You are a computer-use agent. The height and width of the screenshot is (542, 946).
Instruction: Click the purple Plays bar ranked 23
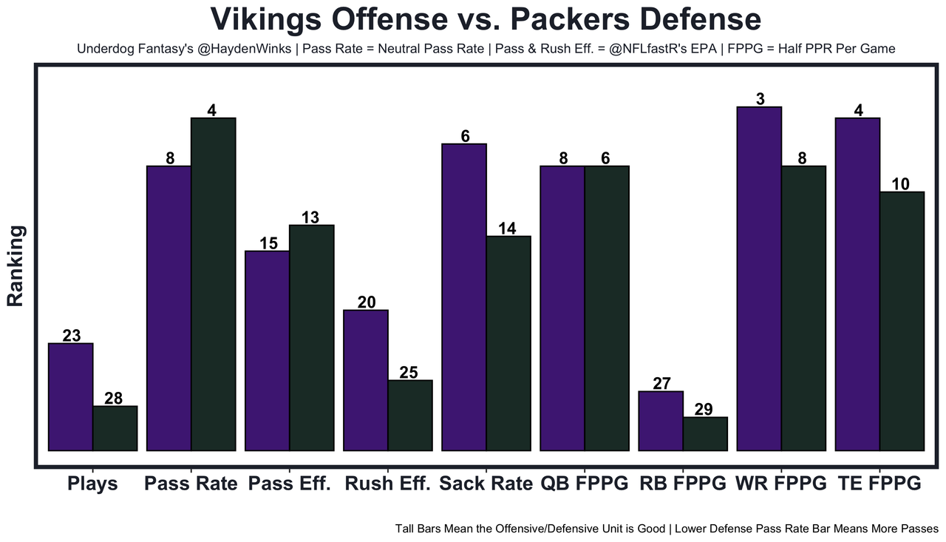[70, 396]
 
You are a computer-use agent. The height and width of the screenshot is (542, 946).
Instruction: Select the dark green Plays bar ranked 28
[115, 428]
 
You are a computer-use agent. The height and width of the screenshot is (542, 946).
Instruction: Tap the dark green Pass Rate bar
[214, 284]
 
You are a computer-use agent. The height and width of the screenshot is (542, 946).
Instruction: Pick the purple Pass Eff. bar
[267, 350]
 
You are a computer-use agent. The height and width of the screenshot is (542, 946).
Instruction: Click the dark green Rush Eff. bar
[410, 415]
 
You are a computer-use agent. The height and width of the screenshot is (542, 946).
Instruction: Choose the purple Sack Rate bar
[464, 297]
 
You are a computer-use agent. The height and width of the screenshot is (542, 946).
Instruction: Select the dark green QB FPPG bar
[607, 308]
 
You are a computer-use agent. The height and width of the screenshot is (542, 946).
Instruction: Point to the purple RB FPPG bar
[661, 421]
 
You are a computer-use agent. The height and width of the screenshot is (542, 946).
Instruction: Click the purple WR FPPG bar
[759, 279]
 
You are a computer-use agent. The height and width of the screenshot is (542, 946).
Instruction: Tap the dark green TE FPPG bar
[902, 321]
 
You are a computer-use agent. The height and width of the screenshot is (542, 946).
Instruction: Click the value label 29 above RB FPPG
[704, 409]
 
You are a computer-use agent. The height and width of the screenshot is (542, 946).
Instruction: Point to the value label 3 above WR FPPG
[760, 98]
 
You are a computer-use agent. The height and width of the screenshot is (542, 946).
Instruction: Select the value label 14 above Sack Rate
[507, 228]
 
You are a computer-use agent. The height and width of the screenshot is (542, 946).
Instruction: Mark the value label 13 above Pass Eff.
[310, 217]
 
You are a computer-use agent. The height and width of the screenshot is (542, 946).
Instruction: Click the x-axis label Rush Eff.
[387, 484]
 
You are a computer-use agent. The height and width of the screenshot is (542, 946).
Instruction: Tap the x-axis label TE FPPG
[879, 484]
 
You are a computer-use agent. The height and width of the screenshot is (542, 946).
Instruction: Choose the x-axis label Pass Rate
[191, 484]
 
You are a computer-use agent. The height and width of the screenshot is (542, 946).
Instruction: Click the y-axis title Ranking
[16, 265]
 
